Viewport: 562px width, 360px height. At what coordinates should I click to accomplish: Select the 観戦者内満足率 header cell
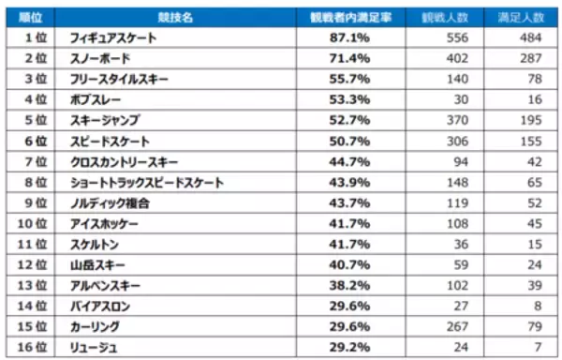click(346, 18)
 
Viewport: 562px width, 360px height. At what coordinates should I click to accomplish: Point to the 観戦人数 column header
click(444, 18)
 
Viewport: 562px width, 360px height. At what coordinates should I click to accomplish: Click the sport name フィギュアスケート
click(113, 37)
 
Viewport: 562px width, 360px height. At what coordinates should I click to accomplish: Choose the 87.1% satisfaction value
click(346, 37)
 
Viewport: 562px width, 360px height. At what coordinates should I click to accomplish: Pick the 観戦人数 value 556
click(454, 37)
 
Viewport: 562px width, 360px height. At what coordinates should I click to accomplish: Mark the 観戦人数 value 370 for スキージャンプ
click(454, 121)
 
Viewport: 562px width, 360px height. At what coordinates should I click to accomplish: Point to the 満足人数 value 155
click(531, 142)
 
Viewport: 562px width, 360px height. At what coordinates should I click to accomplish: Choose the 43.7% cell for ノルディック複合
click(346, 202)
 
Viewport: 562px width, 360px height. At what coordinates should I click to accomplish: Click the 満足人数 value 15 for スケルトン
click(535, 244)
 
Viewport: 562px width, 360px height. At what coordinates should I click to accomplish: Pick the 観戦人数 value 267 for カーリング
click(454, 326)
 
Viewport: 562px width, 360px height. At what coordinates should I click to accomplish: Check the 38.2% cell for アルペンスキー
click(346, 285)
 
